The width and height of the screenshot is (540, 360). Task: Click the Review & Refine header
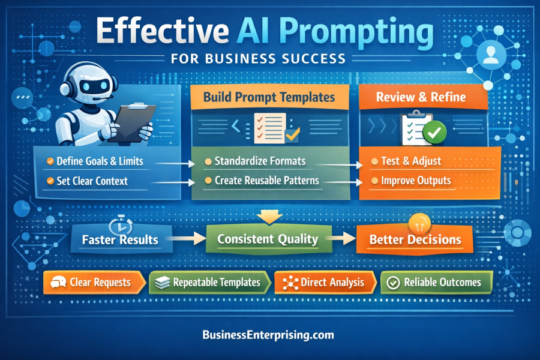coord(420,97)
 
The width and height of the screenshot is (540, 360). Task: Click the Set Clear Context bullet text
coord(92,180)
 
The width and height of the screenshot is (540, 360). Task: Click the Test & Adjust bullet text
coord(411,161)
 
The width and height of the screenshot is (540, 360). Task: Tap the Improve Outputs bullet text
coord(416,180)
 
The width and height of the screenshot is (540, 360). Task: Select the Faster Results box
coord(120,239)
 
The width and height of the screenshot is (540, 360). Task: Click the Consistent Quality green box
coord(268,239)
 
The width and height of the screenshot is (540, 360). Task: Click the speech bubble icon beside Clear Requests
coord(58,282)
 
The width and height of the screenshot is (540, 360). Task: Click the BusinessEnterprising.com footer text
coord(268,335)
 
